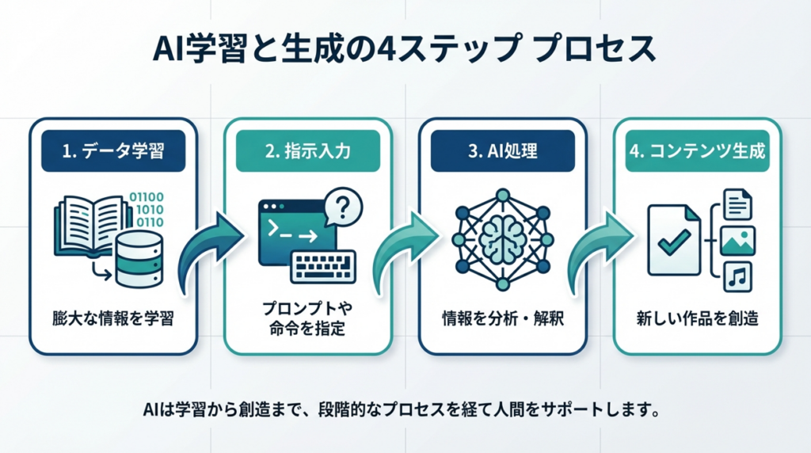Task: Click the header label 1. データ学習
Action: click(x=112, y=150)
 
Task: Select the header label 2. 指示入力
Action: click(x=307, y=150)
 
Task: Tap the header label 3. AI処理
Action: click(x=501, y=150)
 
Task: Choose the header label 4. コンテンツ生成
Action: click(x=696, y=150)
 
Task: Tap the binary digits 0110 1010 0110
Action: click(x=149, y=209)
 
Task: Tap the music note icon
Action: click(x=737, y=276)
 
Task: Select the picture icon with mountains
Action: click(x=737, y=241)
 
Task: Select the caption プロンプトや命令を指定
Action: click(x=307, y=319)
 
